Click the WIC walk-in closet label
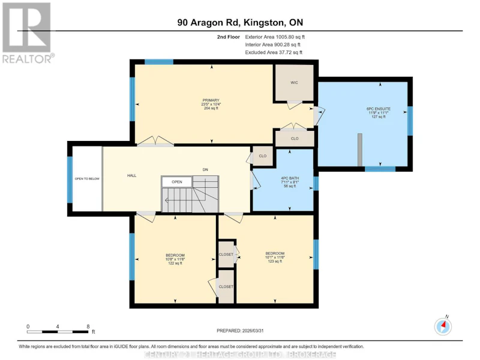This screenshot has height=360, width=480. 294,83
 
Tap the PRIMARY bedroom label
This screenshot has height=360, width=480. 211,100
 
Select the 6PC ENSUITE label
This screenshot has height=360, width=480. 379,109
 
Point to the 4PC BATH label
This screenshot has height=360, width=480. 290,178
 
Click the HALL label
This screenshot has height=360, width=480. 131,175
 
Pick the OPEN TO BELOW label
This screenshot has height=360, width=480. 87,179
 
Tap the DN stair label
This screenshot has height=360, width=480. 205,170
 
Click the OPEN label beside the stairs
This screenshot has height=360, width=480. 177,182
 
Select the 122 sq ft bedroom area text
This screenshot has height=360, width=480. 175,263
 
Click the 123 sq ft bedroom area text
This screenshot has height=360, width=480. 275,262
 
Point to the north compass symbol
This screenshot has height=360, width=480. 443,326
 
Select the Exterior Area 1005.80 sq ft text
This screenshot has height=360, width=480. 275,37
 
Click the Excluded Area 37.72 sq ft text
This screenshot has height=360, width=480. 274,52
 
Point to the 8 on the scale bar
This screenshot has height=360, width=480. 88,326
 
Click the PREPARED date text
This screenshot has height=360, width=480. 240,331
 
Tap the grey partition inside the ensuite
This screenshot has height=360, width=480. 360,150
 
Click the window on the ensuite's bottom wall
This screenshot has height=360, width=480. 380,169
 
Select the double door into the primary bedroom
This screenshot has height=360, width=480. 155,141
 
